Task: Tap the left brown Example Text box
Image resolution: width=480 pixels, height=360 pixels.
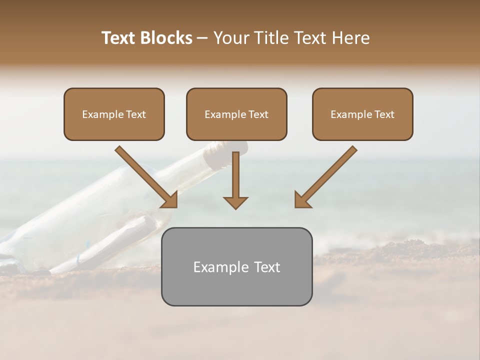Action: coord(114,114)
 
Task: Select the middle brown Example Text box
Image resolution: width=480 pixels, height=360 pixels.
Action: coord(236,114)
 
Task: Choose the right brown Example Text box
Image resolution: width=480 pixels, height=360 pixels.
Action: coord(362,114)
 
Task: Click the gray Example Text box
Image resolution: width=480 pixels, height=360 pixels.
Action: coord(236,266)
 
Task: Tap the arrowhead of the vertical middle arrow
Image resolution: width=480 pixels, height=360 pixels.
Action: coord(235,202)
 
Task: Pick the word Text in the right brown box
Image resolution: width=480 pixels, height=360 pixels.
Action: coord(384,114)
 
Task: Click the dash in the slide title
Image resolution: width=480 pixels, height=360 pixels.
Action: coord(202,38)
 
